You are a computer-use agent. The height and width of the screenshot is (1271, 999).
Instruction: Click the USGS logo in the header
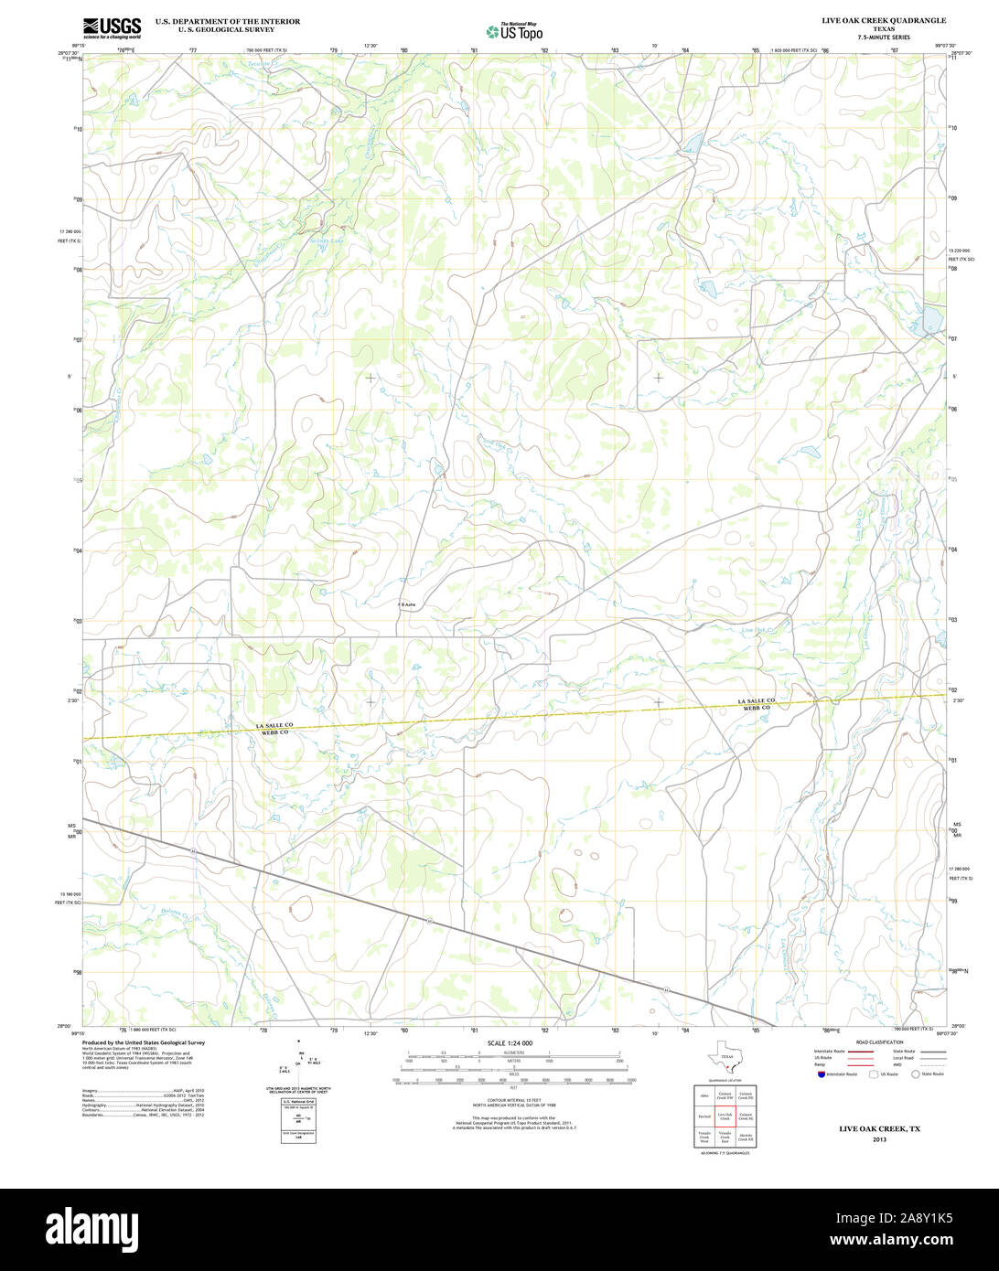click(x=112, y=28)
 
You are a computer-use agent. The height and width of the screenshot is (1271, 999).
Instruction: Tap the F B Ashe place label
click(x=407, y=604)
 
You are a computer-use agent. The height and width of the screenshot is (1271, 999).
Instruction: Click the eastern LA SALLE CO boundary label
click(x=757, y=700)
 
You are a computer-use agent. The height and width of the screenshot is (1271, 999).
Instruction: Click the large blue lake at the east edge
click(x=931, y=320)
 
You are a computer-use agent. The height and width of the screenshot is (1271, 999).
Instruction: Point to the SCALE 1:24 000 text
click(x=510, y=1043)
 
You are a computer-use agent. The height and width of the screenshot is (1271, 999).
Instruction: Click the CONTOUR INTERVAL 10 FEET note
click(x=513, y=1099)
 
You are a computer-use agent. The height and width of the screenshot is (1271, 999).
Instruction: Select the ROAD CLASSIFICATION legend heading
click(x=878, y=1042)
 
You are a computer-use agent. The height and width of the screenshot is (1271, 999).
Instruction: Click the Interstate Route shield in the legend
click(x=821, y=1074)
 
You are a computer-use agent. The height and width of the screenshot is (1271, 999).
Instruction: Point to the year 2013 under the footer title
click(x=879, y=1139)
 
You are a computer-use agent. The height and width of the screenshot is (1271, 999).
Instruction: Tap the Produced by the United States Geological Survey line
click(x=144, y=1042)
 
